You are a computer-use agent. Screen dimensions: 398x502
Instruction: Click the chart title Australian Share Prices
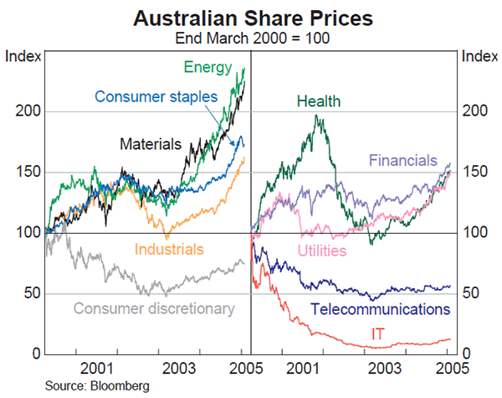pos(250,16)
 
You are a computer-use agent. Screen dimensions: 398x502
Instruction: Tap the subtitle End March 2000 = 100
pos(250,37)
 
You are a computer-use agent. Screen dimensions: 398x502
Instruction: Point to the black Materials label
pos(151,144)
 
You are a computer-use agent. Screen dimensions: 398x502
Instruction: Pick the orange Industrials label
pos(169,249)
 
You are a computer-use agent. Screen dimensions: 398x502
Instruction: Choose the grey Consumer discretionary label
pos(154,308)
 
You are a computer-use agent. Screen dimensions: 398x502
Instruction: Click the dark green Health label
pos(318,102)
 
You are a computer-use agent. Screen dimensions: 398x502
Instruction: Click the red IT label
pos(379,335)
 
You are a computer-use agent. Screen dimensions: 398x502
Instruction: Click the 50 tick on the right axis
pos(471,293)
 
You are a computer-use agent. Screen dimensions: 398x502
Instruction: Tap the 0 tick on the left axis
pos(36,354)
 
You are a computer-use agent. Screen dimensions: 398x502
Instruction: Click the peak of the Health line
pos(317,115)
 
